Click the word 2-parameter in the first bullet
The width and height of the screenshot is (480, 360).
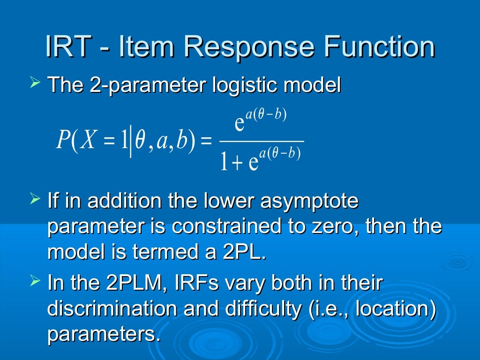(x=140, y=86)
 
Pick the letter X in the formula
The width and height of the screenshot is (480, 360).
(x=87, y=140)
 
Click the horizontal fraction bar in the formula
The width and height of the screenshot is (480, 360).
(x=262, y=141)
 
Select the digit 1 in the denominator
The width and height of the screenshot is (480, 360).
(x=225, y=162)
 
